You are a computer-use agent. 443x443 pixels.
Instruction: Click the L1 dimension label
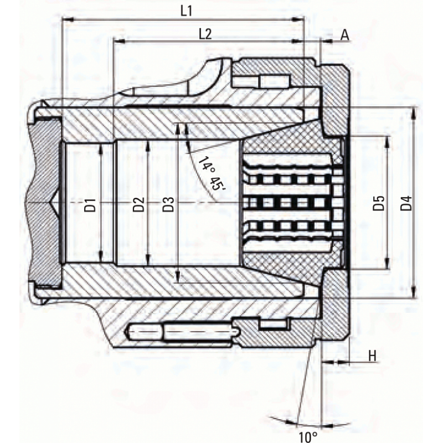[186, 12]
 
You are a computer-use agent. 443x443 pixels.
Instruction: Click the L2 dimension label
[205, 34]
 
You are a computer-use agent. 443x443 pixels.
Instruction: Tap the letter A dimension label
[344, 35]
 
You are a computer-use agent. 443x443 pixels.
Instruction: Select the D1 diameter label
[91, 205]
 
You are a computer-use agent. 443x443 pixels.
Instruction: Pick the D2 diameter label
[138, 205]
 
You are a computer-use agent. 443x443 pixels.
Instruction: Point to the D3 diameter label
[168, 205]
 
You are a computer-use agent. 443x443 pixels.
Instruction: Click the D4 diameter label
[406, 203]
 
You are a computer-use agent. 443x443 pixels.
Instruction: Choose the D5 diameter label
[379, 203]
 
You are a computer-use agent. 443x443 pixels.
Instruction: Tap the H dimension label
[372, 356]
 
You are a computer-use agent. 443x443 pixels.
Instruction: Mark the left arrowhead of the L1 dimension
[68, 19]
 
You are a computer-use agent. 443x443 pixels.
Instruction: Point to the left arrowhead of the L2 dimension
[119, 41]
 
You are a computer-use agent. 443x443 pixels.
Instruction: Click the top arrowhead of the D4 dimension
[414, 112]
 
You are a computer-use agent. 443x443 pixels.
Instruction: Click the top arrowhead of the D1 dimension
[101, 150]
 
